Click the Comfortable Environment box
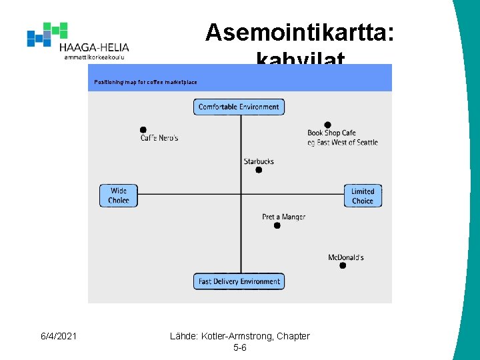[239, 107]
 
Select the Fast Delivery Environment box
[239, 281]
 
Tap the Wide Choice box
[119, 195]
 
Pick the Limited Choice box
[363, 195]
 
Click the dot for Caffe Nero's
[143, 130]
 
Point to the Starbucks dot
[259, 170]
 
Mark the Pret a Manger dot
[277, 225]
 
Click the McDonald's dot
[343, 265]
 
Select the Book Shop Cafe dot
[327, 125]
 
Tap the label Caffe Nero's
[159, 138]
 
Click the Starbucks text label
[259, 161]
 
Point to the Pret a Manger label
[283, 217]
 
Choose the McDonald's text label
[346, 257]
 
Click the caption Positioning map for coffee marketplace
[146, 82]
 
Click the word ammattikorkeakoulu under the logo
[94, 57]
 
